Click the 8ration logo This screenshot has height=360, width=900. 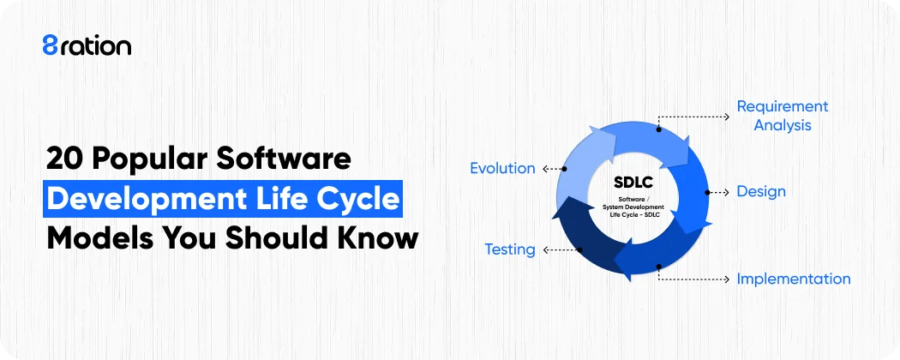tap(87, 45)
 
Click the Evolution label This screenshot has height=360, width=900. tap(502, 169)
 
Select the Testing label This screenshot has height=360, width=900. tap(510, 250)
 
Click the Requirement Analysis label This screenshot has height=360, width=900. tap(783, 116)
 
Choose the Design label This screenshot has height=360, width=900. tap(761, 192)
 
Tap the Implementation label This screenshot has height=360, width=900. tap(794, 279)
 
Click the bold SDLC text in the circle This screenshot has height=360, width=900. tap(634, 183)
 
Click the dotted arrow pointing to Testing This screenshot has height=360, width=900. tap(560, 250)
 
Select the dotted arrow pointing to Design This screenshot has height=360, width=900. tap(718, 192)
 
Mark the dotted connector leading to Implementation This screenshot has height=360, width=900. tap(694, 279)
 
